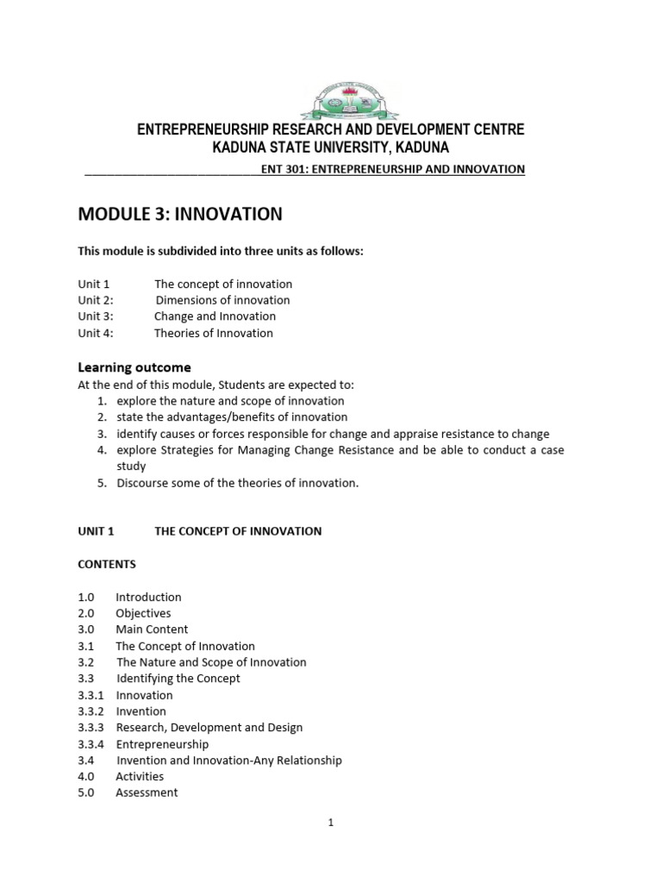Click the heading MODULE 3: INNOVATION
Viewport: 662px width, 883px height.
point(180,214)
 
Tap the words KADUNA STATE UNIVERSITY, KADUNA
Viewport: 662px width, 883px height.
point(331,147)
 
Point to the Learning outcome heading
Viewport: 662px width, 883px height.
point(134,367)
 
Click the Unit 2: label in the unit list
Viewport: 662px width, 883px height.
point(96,300)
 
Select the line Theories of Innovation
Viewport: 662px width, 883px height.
point(213,333)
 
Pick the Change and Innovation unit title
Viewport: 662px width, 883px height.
point(215,316)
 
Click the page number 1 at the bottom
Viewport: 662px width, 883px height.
point(330,823)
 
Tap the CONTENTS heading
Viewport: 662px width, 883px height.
point(107,564)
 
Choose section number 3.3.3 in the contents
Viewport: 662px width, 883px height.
point(91,728)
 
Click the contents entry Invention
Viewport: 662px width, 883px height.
point(141,711)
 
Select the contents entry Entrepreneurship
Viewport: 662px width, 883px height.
point(162,744)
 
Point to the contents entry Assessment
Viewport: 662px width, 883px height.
point(147,792)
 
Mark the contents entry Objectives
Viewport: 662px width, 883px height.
point(143,613)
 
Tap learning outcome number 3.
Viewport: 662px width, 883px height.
point(101,434)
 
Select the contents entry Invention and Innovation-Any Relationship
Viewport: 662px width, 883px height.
point(228,761)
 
